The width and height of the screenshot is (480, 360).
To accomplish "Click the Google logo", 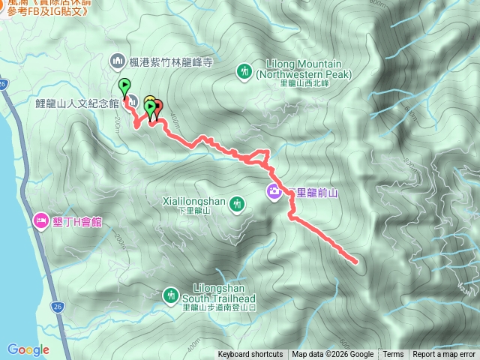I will [28, 349].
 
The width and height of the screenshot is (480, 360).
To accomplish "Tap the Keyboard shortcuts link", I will [250, 355].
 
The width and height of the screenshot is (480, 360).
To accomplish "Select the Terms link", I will [393, 355].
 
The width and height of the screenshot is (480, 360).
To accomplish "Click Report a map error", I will [444, 355].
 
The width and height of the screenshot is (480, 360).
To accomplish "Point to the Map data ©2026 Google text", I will [333, 355].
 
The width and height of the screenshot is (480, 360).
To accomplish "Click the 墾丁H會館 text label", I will [76, 221].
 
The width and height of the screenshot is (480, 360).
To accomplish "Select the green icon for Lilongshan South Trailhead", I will [170, 295].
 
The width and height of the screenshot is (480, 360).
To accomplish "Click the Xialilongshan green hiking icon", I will [237, 202].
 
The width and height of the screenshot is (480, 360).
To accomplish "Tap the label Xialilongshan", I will [194, 201].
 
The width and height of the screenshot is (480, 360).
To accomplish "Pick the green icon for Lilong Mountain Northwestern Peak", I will [244, 71].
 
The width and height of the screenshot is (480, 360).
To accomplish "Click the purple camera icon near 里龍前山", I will [274, 192].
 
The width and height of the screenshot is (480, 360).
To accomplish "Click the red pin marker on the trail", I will [157, 107].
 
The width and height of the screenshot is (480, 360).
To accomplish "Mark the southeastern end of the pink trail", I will [355, 262].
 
